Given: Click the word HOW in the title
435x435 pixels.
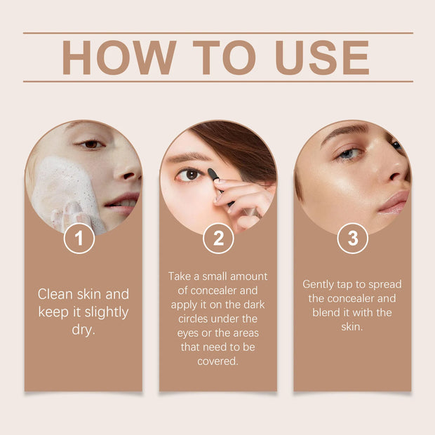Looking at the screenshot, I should point(116,58).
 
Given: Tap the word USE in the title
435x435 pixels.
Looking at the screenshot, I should point(322,58).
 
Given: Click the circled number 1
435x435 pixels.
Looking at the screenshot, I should point(79,239).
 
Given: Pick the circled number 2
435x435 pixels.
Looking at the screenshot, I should point(218,239).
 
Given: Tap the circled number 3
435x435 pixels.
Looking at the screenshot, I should point(352,239).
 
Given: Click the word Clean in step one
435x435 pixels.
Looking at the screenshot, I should point(55,294).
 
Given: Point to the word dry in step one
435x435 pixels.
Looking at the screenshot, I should point(83,330).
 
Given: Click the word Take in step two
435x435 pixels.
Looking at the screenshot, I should point(180,276).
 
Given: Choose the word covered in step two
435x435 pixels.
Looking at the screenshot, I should point(217,362).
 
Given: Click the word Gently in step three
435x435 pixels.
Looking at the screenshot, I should point(320,284).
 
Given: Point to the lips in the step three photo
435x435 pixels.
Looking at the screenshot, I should point(394,201).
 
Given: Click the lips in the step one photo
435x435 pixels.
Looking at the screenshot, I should point(121,203).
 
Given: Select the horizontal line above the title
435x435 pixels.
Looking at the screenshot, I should point(217,32).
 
